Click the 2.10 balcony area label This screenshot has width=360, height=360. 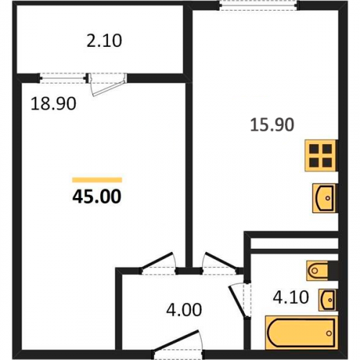coord(104,41)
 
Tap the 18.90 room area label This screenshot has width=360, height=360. coord(53,104)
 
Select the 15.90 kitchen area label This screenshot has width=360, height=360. coord(272,125)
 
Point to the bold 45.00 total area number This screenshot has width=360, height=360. coord(97,197)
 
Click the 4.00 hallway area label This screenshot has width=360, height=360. coord(184,310)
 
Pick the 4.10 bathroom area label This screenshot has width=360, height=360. coord(291,297)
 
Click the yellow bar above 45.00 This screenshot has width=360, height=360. coord(97,180)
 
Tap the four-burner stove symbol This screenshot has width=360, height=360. coord(320,156)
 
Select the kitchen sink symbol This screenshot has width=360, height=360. coord(324,198)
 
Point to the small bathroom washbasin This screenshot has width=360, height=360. coord(328,300)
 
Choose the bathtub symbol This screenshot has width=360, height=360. coord(301,333)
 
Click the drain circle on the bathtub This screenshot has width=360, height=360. coord(329,333)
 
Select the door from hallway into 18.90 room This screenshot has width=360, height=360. coord(158,263)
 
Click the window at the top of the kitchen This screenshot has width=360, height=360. coord(259,6)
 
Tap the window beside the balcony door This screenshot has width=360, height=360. coord(63,78)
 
